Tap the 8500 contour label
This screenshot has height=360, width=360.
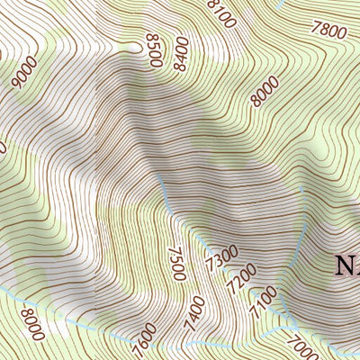click(x=154, y=50)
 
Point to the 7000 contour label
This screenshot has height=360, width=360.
click(x=301, y=347)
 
